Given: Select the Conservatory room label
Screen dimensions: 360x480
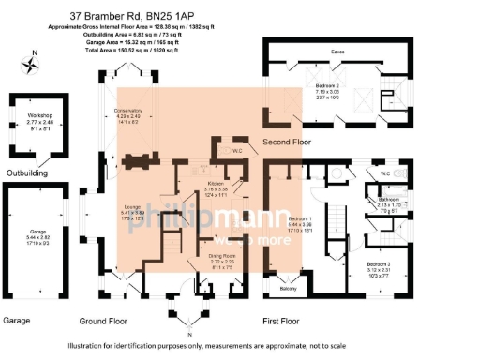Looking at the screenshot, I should click(x=128, y=111).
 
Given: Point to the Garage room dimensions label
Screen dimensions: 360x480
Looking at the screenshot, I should click(x=38, y=235).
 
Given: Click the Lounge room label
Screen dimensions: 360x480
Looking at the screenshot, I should click(x=131, y=208).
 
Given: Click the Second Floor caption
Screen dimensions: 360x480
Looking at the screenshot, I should click(x=291, y=142).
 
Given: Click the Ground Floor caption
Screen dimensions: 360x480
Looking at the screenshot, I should click(x=103, y=320).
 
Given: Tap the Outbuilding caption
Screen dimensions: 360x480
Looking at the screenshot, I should click(x=28, y=172).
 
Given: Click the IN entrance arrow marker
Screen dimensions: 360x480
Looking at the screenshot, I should click(x=187, y=333).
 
